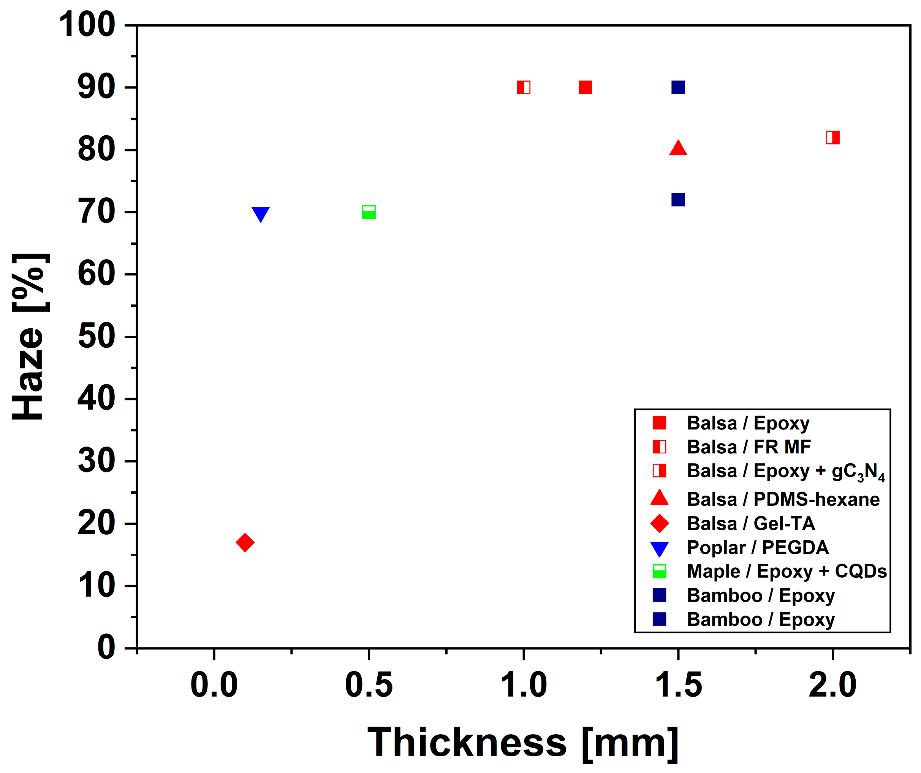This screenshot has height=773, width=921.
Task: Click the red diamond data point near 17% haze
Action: point(245,543)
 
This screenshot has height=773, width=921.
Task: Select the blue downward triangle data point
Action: point(261,214)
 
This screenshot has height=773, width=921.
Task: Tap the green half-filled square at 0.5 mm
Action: point(369,212)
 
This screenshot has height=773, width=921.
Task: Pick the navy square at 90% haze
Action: point(678,88)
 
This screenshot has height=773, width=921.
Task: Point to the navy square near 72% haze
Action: point(678,200)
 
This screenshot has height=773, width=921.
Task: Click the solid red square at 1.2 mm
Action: point(585,88)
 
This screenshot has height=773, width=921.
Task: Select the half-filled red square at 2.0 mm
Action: point(832,138)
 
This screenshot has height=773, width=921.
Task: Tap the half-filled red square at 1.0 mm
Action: point(524,88)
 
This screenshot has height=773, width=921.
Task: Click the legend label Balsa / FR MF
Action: point(748,447)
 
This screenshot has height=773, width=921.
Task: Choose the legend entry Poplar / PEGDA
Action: point(757,548)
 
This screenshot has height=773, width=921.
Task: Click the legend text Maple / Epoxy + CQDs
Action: point(786,572)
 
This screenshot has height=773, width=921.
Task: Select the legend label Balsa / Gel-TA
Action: point(750,524)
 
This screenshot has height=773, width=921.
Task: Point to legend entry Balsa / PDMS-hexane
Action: point(783,500)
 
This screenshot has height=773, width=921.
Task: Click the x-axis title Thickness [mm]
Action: point(523,743)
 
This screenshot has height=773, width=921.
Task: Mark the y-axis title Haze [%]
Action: point(28,337)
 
